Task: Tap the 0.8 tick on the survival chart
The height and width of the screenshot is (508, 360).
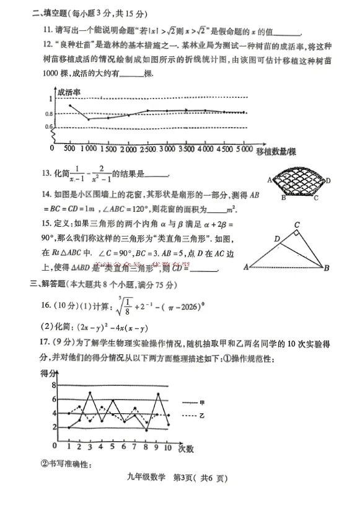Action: tap(49, 114)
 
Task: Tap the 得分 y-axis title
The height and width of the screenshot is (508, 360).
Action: tap(48, 372)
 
